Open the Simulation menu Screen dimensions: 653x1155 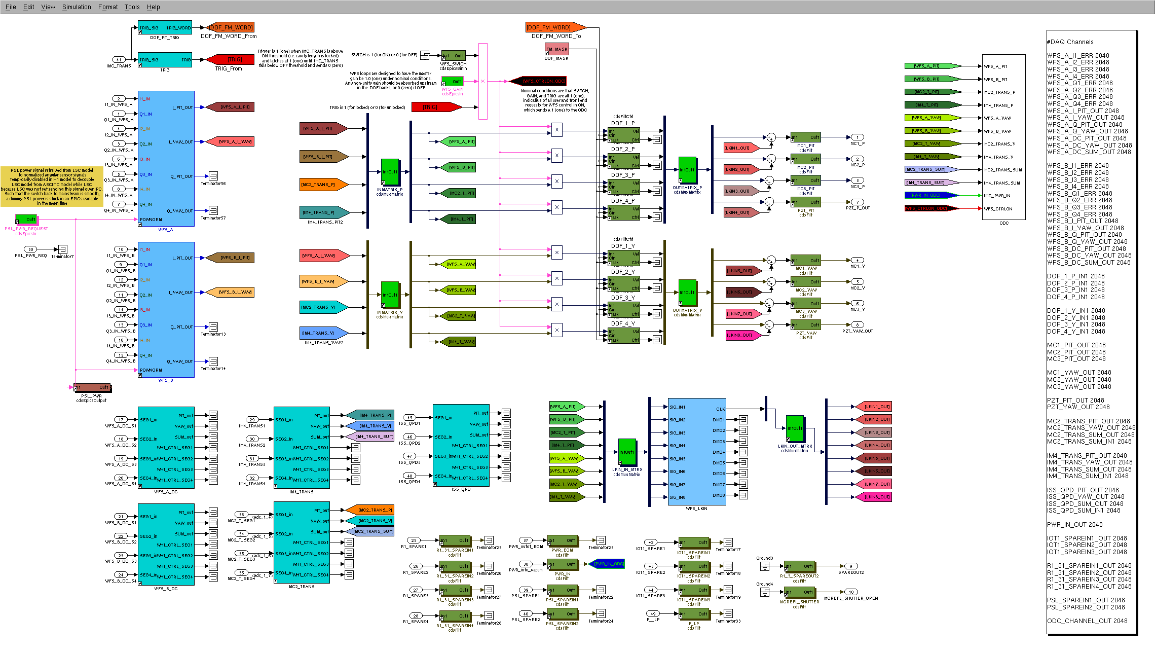coord(77,7)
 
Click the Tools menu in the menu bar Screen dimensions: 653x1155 coord(132,7)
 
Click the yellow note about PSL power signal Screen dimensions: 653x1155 coord(52,187)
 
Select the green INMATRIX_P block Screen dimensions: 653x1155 coord(390,172)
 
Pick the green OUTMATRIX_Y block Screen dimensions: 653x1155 coord(687,293)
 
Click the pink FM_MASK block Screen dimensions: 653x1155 coord(556,49)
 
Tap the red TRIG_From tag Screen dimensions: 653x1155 coord(229,60)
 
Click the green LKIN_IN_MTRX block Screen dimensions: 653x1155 coord(627,452)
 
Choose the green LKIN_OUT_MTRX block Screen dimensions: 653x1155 coord(794,428)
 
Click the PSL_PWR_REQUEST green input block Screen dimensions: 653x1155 coord(26,220)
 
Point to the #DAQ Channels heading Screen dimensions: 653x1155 coord(1070,42)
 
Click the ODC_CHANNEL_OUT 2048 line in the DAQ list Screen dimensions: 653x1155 coord(1087,621)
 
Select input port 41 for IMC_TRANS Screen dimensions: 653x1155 coord(119,60)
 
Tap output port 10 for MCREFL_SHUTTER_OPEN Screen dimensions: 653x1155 coord(851,592)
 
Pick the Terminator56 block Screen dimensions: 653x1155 coord(213,176)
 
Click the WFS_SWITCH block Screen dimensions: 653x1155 coord(453,56)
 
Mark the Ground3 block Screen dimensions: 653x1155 coord(765,566)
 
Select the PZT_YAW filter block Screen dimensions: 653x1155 coord(806,325)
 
